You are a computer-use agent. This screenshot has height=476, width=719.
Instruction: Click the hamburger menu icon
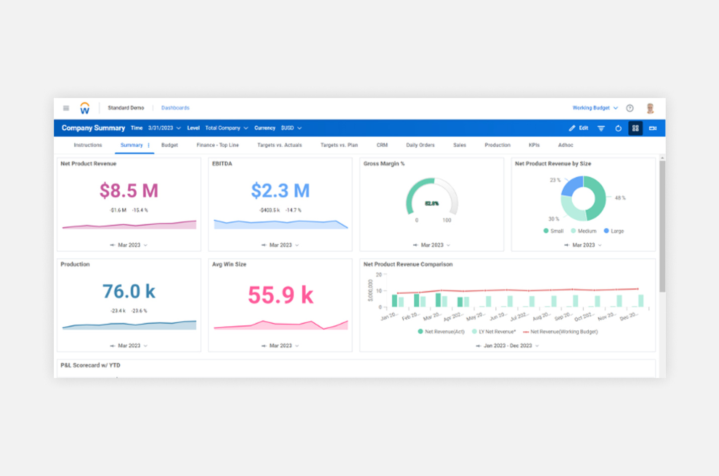point(66,108)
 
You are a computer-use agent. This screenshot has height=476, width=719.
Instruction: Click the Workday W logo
point(84,108)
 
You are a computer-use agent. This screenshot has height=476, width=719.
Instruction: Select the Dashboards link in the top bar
point(175,108)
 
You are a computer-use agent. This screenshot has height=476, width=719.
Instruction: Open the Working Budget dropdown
point(595,108)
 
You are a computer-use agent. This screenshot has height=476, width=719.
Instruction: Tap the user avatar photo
point(650,108)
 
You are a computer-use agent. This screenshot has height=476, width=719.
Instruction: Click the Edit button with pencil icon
point(578,128)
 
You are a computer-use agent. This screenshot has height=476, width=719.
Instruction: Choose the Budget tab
point(169,145)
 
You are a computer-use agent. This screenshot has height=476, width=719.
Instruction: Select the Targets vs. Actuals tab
point(279,145)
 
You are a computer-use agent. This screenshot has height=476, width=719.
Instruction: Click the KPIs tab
point(534,145)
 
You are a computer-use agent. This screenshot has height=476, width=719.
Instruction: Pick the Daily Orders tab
point(420,145)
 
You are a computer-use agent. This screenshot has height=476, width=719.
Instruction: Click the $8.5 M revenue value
point(129,191)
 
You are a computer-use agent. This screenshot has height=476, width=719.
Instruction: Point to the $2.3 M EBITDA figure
point(280,191)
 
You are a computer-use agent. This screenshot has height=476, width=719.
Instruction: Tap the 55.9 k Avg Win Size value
point(280,295)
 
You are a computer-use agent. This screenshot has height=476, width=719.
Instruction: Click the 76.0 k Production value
point(129,292)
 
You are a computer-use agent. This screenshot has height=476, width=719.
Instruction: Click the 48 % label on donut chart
point(620,198)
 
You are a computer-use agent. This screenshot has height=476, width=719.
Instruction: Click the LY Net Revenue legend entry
point(496,332)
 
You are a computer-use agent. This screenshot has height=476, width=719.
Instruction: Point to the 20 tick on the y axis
point(379,275)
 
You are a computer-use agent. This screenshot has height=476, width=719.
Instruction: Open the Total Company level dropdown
point(226,128)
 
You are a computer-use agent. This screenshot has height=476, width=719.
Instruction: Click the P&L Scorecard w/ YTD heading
point(91,365)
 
